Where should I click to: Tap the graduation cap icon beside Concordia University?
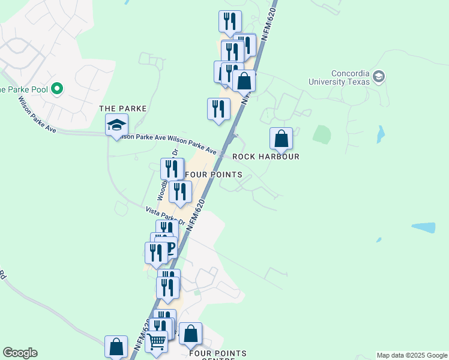click(379, 76)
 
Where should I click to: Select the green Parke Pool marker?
click(58, 89)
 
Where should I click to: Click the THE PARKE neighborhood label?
click(122, 109)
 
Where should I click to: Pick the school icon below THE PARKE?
click(116, 126)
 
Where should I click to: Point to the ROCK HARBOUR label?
click(265, 157)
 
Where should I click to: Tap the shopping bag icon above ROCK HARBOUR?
click(281, 139)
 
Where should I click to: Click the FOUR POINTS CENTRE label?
click(217, 355)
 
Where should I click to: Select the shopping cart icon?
click(157, 342)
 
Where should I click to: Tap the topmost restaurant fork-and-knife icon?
click(230, 22)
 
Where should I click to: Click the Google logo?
click(20, 353)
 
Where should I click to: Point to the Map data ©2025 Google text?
click(412, 355)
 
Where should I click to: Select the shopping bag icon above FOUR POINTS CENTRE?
click(190, 334)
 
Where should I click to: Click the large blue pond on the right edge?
click(424, 227)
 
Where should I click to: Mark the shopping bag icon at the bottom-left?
click(116, 347)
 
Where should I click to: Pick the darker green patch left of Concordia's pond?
click(322, 134)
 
